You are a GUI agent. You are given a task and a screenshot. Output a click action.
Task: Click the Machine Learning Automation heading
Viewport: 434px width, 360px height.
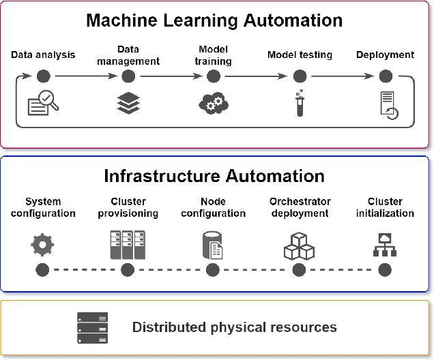click(214, 20)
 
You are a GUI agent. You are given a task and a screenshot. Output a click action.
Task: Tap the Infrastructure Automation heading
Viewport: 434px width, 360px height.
click(214, 176)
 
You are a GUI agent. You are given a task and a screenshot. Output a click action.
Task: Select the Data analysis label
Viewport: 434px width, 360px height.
click(43, 55)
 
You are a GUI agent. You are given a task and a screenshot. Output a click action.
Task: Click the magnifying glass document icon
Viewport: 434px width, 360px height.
click(43, 104)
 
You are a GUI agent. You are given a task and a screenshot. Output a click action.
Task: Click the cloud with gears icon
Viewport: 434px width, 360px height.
click(214, 104)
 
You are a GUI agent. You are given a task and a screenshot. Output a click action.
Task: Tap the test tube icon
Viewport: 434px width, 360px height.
click(300, 104)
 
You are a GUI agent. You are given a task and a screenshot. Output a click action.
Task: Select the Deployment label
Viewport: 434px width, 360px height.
click(385, 55)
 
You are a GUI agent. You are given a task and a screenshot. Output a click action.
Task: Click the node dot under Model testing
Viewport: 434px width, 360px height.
click(300, 76)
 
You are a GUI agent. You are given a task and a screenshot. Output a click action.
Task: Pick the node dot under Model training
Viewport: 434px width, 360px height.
click(214, 76)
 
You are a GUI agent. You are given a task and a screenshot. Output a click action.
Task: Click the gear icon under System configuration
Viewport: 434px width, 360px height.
click(42, 244)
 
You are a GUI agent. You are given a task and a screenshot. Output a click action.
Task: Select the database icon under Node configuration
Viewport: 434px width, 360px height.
click(213, 245)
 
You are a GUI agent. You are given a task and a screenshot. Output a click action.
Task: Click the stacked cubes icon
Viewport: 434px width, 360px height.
click(299, 245)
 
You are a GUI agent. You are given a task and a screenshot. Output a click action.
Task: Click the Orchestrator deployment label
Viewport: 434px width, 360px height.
click(300, 207)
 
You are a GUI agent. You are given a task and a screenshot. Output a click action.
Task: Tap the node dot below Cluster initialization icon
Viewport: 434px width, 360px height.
click(385, 270)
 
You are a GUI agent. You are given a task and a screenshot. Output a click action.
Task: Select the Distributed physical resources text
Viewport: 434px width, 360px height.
click(234, 327)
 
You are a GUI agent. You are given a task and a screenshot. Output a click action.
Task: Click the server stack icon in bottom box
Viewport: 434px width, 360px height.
click(93, 327)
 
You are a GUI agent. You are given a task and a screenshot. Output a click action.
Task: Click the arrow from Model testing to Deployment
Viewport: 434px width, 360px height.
click(342, 76)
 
